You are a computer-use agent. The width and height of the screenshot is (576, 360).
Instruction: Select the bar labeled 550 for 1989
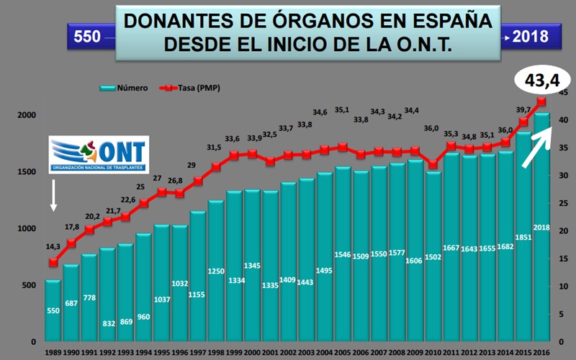coord(53,310)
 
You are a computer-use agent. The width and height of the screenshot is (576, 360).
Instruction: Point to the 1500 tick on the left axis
coord(25,172)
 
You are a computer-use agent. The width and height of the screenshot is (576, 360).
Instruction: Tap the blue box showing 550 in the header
coord(88,35)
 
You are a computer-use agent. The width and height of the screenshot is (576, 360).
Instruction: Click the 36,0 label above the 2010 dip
coord(431,129)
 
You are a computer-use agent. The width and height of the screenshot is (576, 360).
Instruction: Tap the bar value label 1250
coord(216,271)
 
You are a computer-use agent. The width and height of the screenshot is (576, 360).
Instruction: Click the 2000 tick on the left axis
coord(25,115)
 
